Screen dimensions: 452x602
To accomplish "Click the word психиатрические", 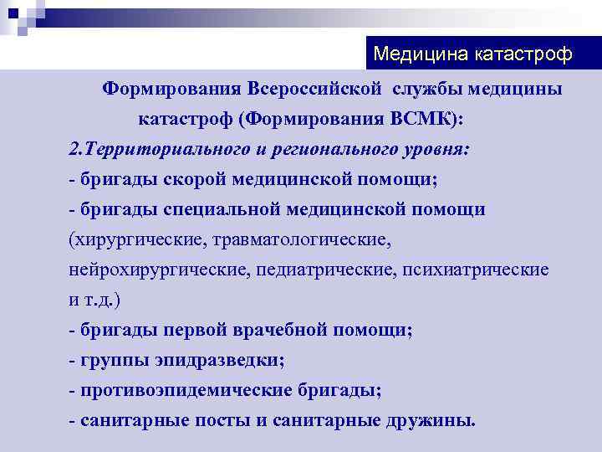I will (476, 270).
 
